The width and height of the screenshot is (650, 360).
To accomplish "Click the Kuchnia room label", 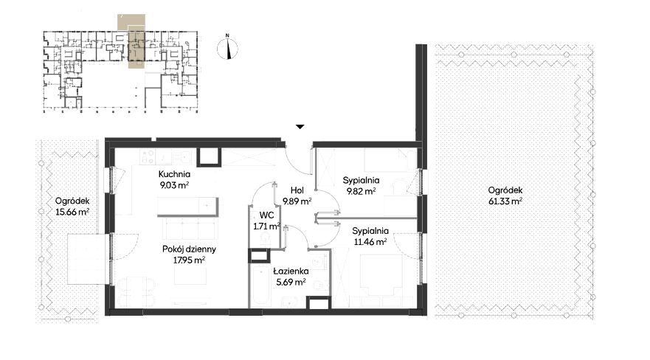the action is pos(174,174).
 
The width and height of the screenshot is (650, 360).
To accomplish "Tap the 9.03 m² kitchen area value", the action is pos(174,185).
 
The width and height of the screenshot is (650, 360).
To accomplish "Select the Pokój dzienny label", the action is pos(189,249).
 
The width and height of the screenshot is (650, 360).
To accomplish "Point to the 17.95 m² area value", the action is pos(189,260).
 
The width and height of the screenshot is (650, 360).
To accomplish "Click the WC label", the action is pos(266,215).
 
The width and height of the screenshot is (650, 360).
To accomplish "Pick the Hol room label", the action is pos(297,190).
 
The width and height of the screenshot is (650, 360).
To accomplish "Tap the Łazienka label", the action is pos(291,271).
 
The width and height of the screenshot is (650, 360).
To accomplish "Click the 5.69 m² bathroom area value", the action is pos(291,282).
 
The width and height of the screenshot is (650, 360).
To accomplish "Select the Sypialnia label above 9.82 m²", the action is pos(361,181).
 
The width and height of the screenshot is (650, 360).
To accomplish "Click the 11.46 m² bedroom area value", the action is pos(370,241).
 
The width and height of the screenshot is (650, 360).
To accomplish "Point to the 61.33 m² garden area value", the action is pos(505,201).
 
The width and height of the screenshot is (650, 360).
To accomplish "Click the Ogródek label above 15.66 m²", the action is pos(72,201).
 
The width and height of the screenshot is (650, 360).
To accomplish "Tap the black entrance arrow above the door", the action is pos(300,127).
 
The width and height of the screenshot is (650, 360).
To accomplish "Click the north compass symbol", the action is pos(227,49).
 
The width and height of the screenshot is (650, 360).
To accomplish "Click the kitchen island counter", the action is pos(188,207).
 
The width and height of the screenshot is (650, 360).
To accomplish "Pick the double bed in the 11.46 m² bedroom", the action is pos(381,275).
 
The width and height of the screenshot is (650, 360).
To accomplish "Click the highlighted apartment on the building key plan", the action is pos(136,49).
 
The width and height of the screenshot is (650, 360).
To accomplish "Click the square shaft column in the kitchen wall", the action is pos(210,156).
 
